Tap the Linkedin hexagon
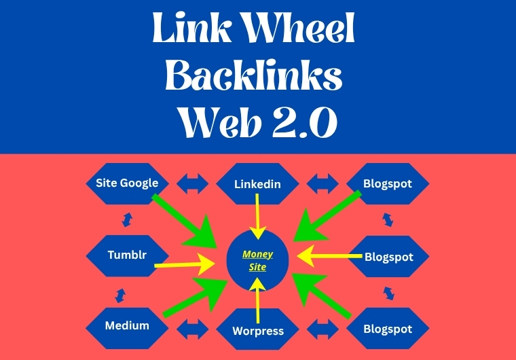(x=257, y=184)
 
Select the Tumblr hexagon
(x=128, y=255)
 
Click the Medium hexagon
(x=127, y=325)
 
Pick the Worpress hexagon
(x=259, y=331)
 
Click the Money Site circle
(x=258, y=260)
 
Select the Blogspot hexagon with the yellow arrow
(x=388, y=257)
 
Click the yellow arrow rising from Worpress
(x=258, y=303)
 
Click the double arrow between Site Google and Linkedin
(x=192, y=183)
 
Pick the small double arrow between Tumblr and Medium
(x=121, y=294)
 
